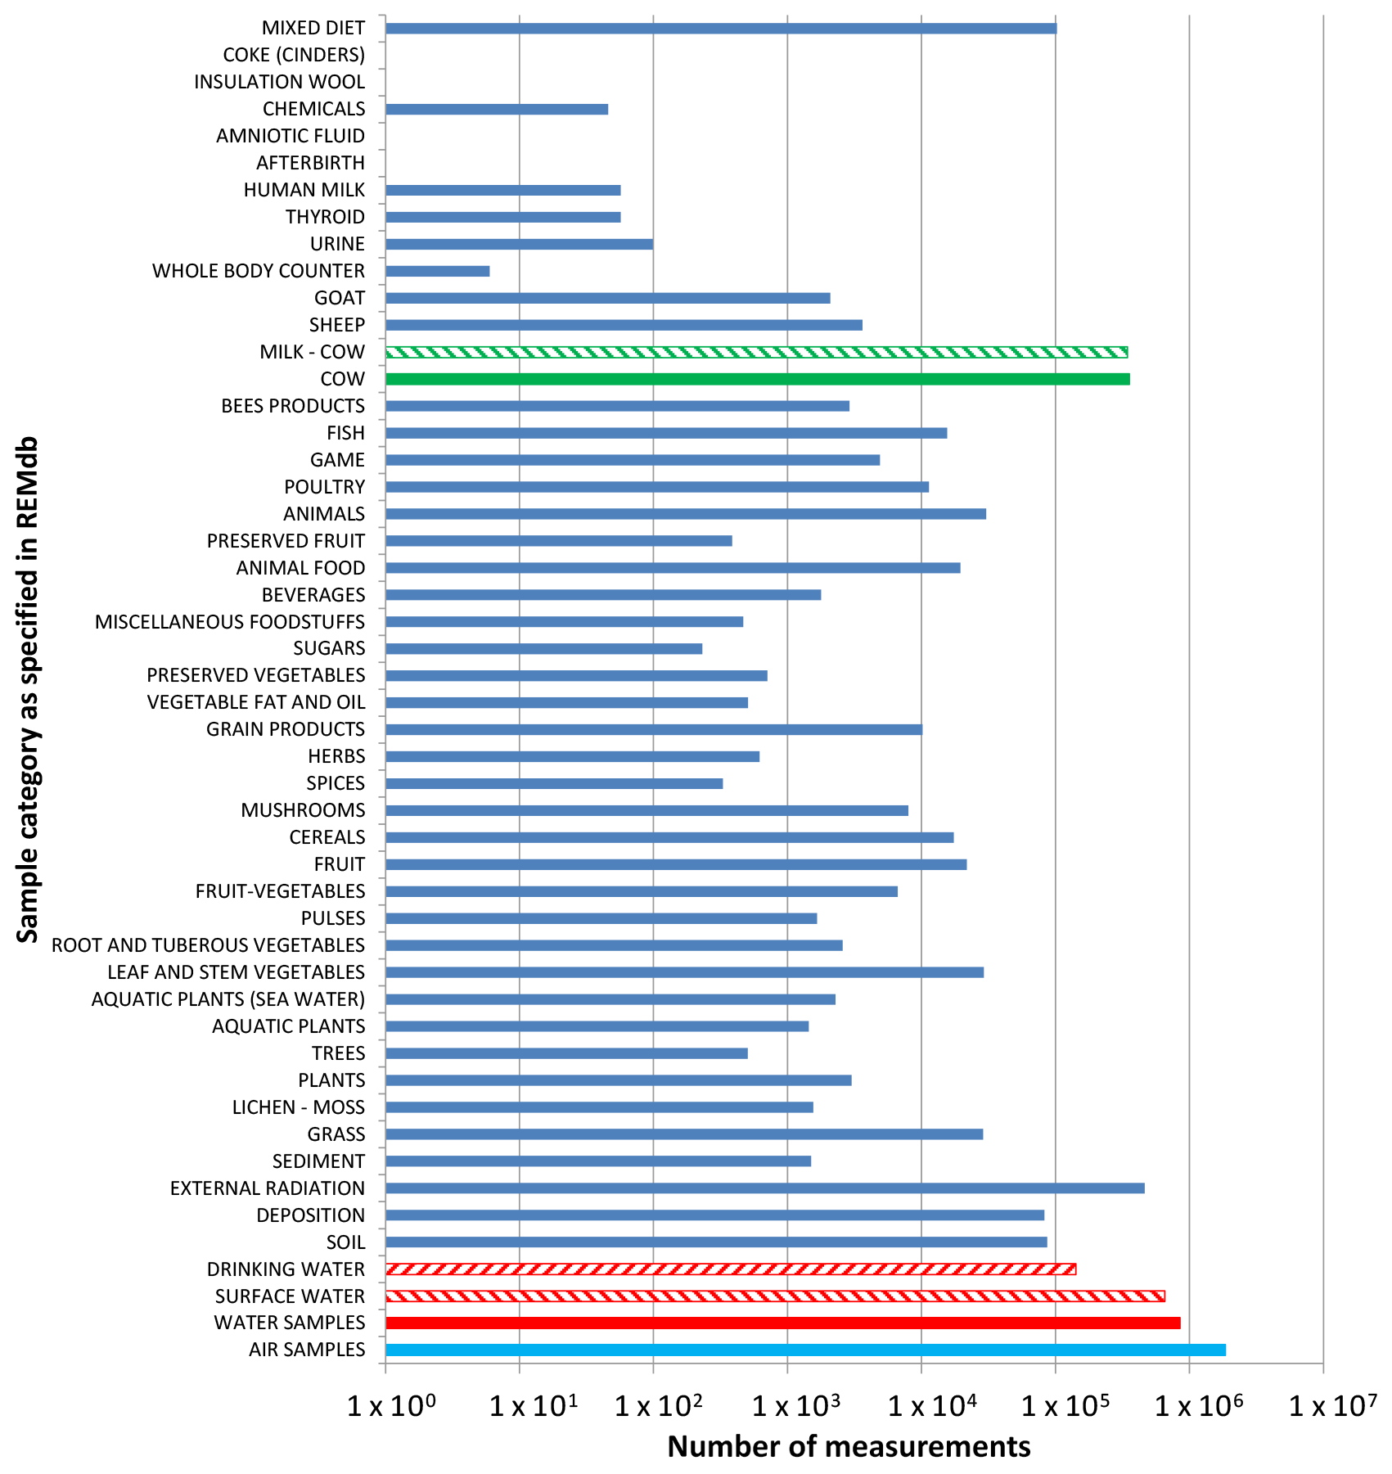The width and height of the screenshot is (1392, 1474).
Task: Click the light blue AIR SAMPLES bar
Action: [x=805, y=1350]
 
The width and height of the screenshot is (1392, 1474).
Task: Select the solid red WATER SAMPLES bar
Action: [x=782, y=1323]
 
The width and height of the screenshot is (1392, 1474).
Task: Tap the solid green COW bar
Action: [x=757, y=379]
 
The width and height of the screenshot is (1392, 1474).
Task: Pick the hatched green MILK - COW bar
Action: [x=756, y=352]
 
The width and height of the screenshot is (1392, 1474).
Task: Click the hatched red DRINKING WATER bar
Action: [x=730, y=1269]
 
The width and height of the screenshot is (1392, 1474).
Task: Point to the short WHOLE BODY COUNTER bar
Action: [x=437, y=271]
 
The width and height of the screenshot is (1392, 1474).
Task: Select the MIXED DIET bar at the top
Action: [x=720, y=29]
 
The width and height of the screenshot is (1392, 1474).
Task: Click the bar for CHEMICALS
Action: [x=496, y=110]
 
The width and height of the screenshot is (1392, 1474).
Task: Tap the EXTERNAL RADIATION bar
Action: [x=764, y=1188]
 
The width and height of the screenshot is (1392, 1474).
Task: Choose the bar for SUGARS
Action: [x=543, y=648]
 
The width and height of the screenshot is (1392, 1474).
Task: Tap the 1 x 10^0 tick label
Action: [x=391, y=1406]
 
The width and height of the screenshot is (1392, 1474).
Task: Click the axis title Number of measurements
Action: [x=849, y=1446]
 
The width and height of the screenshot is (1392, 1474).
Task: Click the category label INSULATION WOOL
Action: [x=279, y=82]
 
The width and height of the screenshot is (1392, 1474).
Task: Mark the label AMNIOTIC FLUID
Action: [x=291, y=136]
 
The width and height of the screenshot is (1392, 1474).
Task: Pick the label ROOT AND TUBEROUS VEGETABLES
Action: [x=208, y=945]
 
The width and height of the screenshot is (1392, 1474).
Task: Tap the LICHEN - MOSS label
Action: [x=298, y=1107]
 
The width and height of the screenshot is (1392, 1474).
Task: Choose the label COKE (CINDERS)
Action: [x=294, y=55]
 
